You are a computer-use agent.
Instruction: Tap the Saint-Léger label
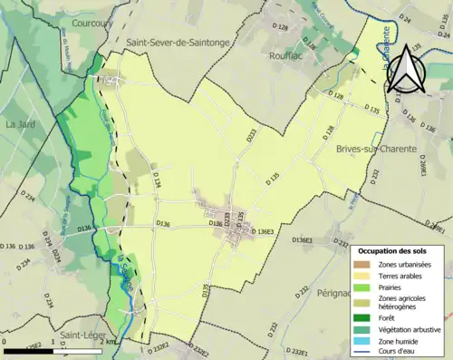point(80,335)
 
